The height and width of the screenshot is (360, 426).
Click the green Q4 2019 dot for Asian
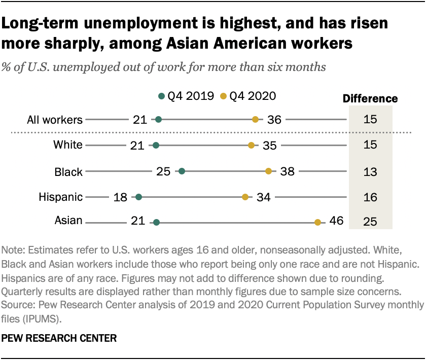point(156,222)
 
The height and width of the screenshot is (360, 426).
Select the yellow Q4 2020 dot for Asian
point(317,222)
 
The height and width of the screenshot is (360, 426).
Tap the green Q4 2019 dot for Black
point(182,171)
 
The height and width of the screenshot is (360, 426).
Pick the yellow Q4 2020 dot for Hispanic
point(245,197)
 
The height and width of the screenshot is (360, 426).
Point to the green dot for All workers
point(158,120)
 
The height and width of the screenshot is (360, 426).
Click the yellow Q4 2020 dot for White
point(251,146)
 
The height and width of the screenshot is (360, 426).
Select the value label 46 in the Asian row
point(336,221)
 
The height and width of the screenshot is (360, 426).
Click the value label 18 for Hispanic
point(120,197)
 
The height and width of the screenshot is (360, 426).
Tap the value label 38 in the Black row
point(287,171)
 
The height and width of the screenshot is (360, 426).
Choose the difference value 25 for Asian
point(370,222)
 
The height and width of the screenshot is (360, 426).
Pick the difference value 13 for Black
point(370,171)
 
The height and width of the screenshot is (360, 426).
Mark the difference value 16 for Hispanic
point(370,197)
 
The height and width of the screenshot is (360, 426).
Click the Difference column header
point(370,99)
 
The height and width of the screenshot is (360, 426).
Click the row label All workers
point(54,120)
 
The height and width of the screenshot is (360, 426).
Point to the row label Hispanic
point(60,197)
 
